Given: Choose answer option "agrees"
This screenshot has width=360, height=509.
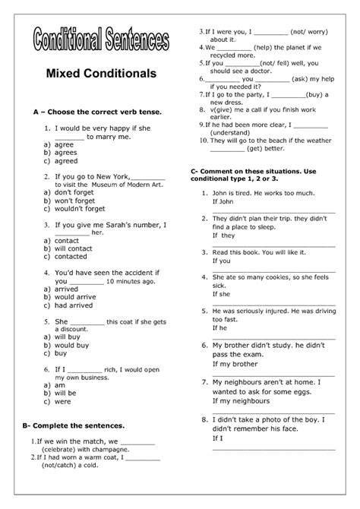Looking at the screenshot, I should pos(66,152).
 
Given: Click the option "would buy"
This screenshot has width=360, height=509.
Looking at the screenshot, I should pos(71,345).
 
